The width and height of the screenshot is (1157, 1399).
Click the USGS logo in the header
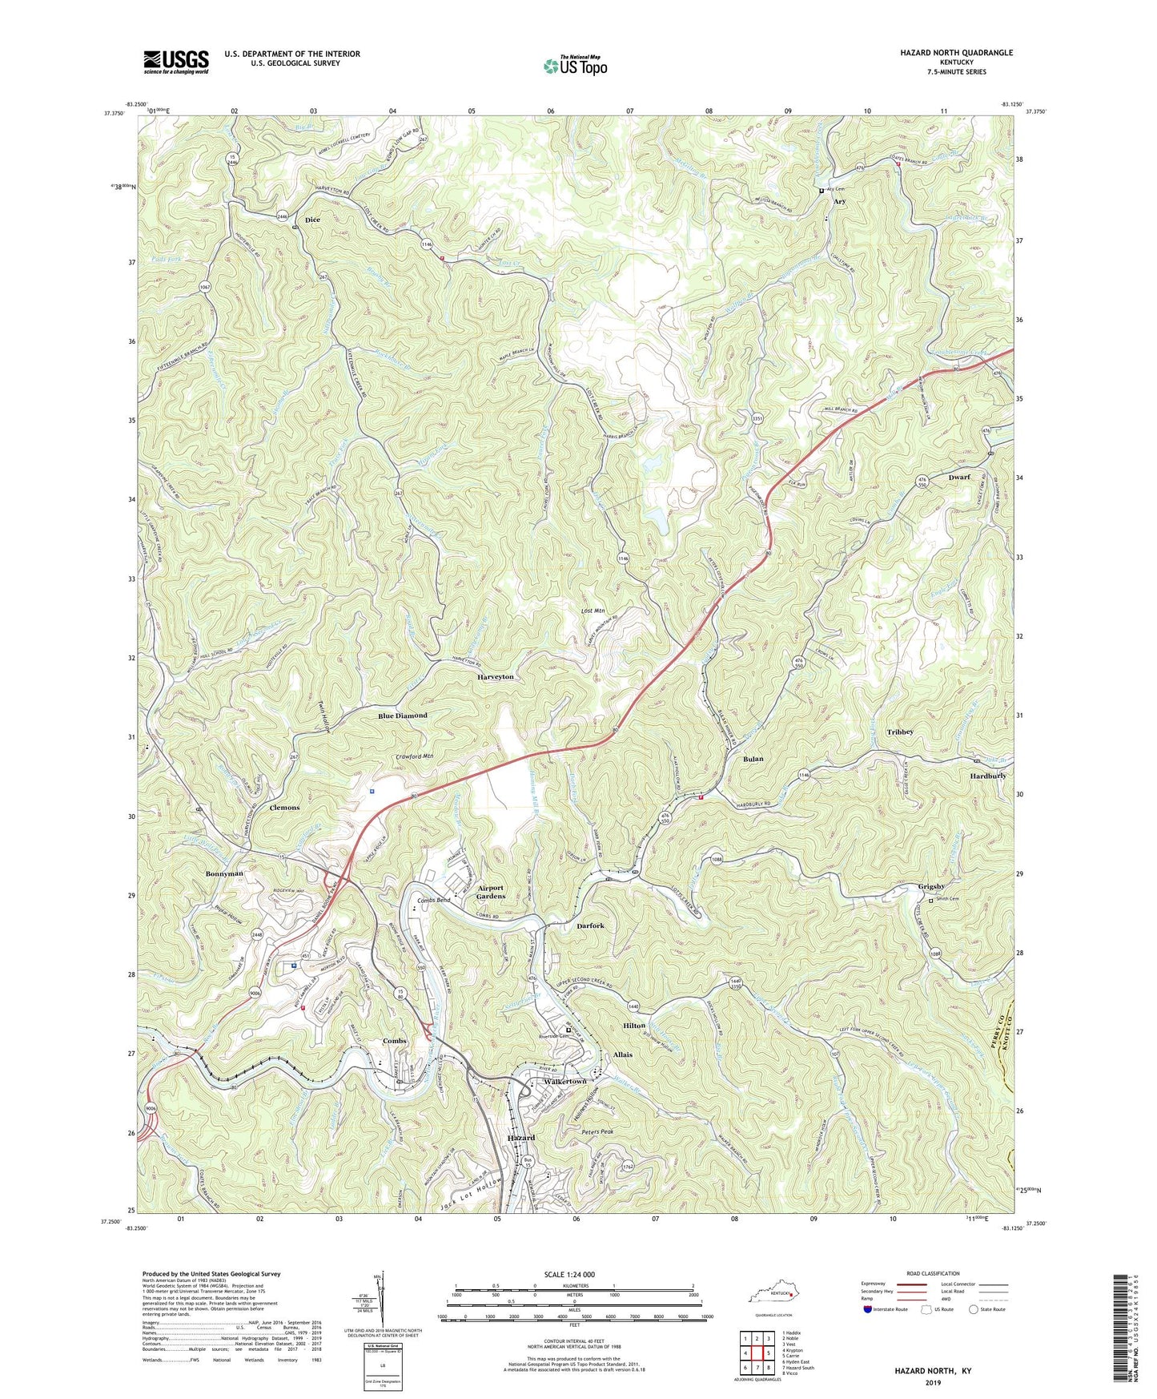(176, 62)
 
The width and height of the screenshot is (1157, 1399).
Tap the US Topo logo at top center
(574, 65)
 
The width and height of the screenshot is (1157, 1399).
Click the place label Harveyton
(496, 677)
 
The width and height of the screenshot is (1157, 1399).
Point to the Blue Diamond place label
(403, 716)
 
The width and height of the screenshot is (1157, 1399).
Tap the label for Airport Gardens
(491, 892)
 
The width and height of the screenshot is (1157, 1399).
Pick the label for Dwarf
(958, 477)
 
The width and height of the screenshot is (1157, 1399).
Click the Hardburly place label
(987, 776)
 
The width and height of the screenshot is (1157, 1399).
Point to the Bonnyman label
(224, 873)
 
